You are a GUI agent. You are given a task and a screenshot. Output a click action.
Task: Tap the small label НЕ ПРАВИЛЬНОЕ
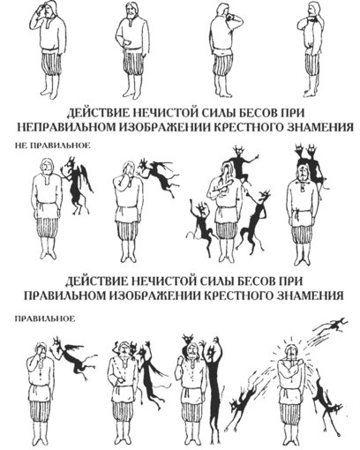coord(53,146)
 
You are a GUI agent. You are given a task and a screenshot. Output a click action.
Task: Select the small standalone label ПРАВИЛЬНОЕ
coord(45,319)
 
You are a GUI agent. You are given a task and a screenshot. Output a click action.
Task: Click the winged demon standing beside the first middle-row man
coord(76,185)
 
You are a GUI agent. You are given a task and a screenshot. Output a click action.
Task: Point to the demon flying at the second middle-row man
coord(159,176)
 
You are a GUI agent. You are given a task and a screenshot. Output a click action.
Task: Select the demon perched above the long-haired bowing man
coord(240,163)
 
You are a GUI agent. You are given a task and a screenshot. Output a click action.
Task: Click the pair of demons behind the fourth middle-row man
coord(311,165)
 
